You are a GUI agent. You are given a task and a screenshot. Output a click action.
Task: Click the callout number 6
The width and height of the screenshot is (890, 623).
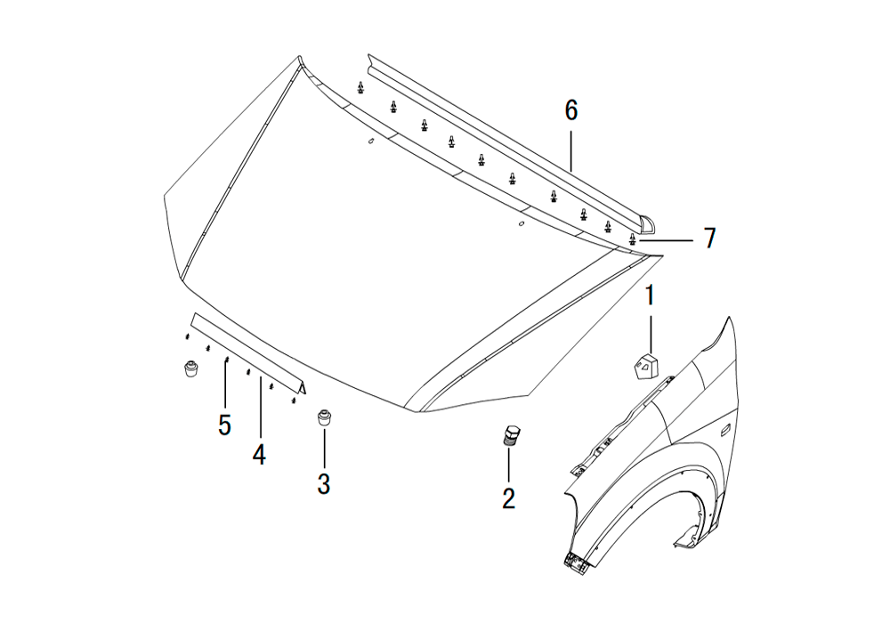571,110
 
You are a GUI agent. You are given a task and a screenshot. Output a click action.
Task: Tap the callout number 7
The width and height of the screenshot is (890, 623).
709,239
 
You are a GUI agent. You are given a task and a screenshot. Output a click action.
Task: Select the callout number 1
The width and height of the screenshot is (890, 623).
651,295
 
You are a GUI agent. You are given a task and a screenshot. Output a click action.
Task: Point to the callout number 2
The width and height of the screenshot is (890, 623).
508,498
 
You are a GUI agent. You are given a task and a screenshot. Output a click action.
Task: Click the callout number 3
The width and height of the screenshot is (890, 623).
324,484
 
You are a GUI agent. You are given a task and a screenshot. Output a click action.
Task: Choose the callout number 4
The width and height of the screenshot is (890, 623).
259,455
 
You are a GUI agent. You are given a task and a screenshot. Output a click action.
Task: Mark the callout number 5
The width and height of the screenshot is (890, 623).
225,425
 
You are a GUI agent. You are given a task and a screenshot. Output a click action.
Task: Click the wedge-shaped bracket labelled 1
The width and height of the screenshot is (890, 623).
645,365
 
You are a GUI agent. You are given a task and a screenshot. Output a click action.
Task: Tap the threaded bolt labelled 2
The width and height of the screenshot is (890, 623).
510,435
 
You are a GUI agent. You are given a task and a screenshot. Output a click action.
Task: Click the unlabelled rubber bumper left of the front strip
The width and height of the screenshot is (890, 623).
191,368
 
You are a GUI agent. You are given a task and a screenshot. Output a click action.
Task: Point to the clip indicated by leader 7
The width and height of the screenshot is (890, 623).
632,239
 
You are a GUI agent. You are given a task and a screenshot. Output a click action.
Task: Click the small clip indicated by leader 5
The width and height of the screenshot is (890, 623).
226,360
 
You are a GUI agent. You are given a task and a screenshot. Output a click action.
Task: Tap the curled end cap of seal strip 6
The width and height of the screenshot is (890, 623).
646,224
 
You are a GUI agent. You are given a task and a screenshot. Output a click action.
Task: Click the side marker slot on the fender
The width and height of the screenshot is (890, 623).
726,433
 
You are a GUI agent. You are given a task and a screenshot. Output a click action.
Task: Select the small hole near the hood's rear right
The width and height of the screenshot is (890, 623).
522,223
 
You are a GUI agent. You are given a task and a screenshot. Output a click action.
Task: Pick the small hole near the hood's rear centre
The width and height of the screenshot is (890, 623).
370,142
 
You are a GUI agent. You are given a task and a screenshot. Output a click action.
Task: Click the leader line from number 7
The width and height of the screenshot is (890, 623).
665,240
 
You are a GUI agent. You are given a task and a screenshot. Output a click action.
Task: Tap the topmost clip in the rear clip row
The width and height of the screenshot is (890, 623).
360,87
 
